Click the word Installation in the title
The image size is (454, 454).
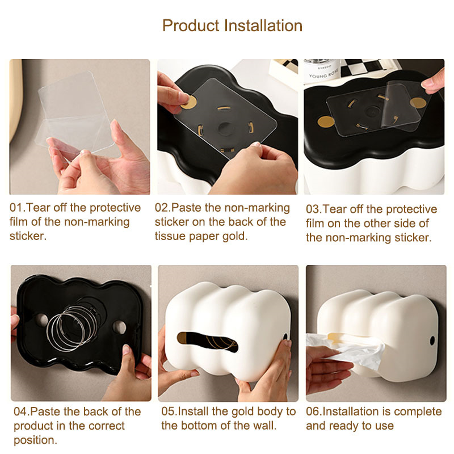tap(263, 26)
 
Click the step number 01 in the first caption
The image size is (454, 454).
tap(16, 208)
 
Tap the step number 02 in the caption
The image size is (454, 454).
tap(161, 208)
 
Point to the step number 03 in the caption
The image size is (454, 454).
tap(313, 209)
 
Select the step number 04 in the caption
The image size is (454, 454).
tap(20, 411)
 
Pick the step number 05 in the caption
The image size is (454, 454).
tap(168, 411)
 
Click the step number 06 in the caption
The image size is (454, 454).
tap(313, 411)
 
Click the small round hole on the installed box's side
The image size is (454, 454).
tap(432, 340)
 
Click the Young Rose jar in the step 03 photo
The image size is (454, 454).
tap(322, 72)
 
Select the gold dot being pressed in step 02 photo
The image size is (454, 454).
tap(189, 102)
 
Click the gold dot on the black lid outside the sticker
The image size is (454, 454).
tap(326, 122)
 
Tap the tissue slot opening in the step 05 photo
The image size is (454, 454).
tap(207, 342)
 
